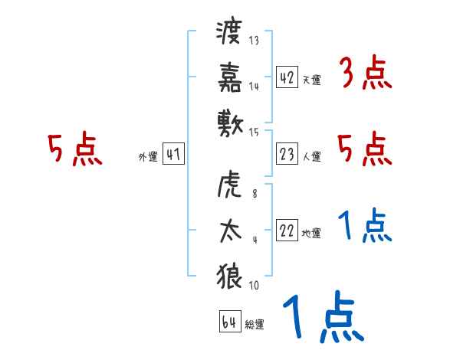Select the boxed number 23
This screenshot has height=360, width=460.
pos(287,155)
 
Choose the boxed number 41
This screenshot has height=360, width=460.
pos(173,155)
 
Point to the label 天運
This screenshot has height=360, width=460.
pos(311,80)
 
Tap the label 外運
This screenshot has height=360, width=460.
pos(148,157)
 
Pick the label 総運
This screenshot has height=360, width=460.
pos(255,325)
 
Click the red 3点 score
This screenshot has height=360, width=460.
pos(365,75)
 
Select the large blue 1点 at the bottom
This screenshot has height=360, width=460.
pos(322,317)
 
